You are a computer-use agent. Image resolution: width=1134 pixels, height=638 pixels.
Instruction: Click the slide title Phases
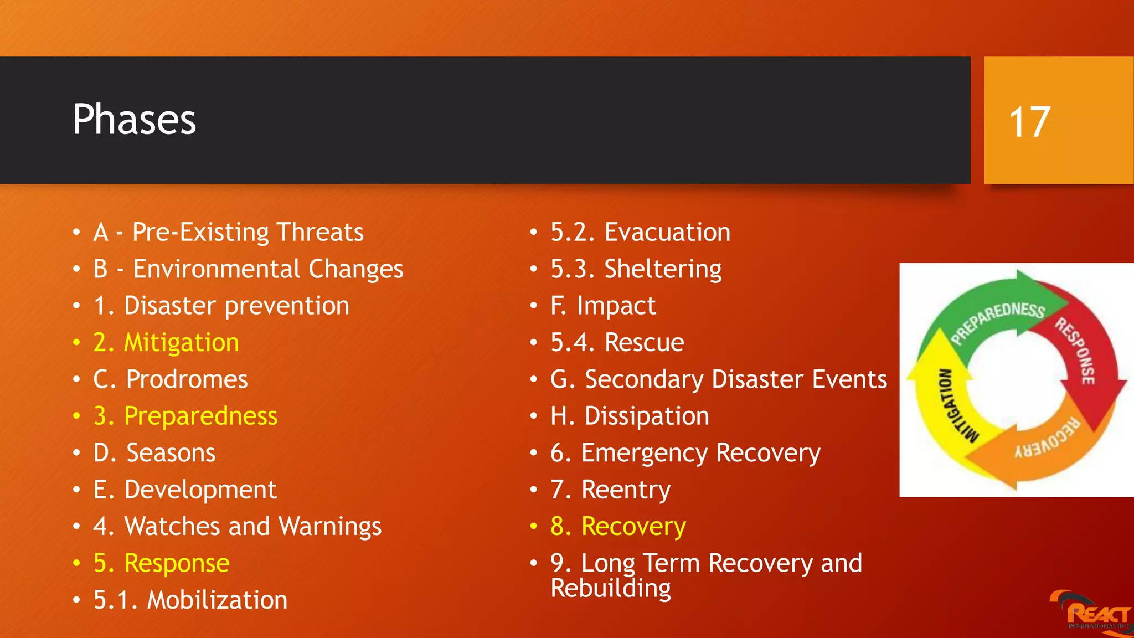click(x=135, y=120)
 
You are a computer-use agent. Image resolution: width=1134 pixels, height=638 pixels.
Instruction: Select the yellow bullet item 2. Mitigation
click(x=166, y=343)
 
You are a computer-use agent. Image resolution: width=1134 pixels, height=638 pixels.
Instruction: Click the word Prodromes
click(x=187, y=380)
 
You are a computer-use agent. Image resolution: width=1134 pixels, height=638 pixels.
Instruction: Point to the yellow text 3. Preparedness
click(x=185, y=416)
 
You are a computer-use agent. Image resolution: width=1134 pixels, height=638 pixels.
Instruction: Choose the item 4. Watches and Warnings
click(x=238, y=527)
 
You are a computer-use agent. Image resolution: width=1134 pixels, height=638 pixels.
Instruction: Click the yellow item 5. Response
click(x=161, y=564)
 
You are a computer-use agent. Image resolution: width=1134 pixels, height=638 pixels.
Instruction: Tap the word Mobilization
click(x=217, y=600)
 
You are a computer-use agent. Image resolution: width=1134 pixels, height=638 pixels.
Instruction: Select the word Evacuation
click(x=667, y=232)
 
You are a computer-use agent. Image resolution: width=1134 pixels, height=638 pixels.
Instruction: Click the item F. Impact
click(x=603, y=306)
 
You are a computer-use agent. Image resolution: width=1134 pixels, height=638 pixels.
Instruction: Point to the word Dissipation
click(x=647, y=416)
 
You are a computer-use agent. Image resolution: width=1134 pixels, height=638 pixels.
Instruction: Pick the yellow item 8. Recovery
click(x=618, y=527)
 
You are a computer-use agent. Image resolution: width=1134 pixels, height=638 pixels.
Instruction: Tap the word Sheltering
click(x=663, y=270)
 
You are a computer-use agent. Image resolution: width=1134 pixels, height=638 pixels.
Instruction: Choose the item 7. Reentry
click(x=610, y=490)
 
